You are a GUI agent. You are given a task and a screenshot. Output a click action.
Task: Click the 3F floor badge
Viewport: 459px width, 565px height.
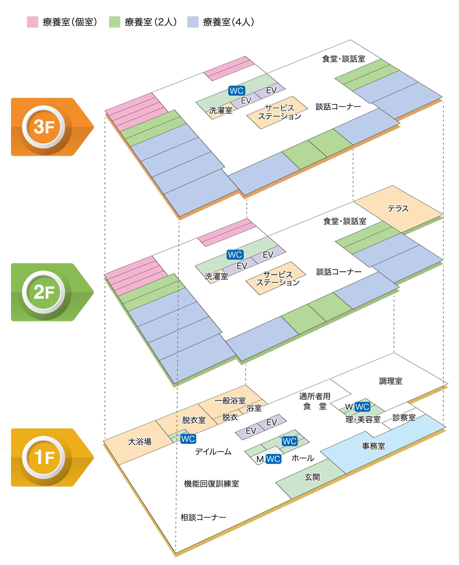44,127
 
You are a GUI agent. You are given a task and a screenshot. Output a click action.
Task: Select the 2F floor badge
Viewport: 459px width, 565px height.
44,292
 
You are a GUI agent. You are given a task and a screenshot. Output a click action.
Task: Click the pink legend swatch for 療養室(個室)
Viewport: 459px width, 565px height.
32,22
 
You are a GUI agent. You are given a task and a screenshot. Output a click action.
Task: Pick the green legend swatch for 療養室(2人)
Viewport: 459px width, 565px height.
114,22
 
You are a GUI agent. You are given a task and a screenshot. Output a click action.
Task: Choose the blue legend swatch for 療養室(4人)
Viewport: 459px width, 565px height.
193,22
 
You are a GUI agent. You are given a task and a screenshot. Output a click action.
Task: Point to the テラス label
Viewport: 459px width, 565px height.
398,209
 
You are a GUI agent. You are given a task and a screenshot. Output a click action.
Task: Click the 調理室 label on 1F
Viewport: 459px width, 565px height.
390,381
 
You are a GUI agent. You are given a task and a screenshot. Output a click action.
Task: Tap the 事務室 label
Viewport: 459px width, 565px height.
373,446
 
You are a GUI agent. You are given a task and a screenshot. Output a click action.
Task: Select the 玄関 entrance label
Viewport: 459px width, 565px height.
312,477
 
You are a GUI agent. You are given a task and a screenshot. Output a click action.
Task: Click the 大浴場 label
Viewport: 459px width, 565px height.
140,441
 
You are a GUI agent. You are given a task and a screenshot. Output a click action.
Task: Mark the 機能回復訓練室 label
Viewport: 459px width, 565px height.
211,483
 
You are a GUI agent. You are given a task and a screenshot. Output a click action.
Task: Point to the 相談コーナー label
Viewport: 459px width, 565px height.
203,517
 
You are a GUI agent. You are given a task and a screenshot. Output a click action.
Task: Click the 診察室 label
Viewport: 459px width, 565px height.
404,417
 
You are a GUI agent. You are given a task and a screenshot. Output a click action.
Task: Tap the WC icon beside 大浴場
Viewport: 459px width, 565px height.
188,439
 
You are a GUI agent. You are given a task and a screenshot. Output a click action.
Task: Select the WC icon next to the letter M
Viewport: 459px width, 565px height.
273,459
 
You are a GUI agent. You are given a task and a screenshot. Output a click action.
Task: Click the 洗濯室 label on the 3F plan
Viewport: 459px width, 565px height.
221,110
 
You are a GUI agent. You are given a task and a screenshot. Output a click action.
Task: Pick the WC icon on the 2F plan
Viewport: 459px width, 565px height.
235,254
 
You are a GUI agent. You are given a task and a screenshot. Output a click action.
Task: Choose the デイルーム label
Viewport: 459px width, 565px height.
213,451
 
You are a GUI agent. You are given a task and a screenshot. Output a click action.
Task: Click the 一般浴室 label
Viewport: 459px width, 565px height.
230,400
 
